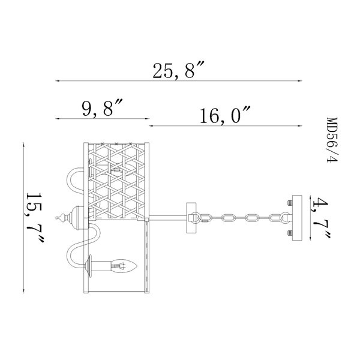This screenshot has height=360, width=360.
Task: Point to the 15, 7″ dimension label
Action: coord(35,218)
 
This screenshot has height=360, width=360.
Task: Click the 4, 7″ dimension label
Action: coord(321,218)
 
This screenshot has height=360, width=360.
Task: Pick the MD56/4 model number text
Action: coord(332,140)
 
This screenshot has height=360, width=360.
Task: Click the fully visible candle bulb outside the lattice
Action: coord(124,266)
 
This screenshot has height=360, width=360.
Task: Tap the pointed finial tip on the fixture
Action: coord(56,218)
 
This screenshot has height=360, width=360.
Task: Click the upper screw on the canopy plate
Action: coord(290,203)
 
